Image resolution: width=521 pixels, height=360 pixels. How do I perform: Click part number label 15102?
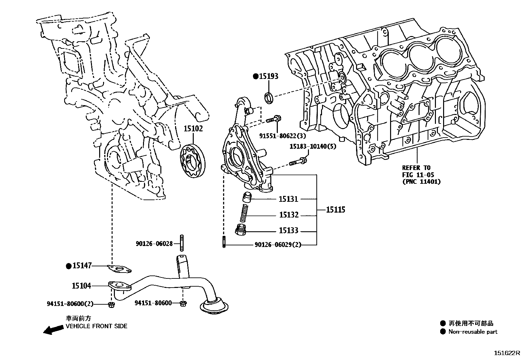(x=193, y=129)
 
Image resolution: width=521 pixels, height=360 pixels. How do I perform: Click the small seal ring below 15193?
(x=269, y=98)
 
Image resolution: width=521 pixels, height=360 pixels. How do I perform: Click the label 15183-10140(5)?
(x=312, y=146)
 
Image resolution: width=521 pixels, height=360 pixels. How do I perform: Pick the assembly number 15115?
(x=335, y=210)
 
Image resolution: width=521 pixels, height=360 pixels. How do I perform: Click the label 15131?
(x=288, y=199)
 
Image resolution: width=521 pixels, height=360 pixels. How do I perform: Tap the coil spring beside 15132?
(x=244, y=213)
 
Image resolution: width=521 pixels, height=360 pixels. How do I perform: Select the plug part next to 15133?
(x=241, y=231)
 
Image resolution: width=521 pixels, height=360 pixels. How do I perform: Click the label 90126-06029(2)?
(x=278, y=245)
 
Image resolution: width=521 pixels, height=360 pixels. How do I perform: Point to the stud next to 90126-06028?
(x=181, y=243)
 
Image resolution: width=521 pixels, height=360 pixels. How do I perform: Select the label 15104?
(x=81, y=286)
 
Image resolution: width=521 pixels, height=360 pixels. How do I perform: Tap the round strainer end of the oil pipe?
(x=214, y=307)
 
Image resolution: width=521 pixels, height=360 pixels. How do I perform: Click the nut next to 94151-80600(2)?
(x=111, y=305)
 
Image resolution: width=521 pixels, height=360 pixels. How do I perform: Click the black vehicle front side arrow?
(x=53, y=330)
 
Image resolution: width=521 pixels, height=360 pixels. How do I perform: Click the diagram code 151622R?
(x=507, y=353)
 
